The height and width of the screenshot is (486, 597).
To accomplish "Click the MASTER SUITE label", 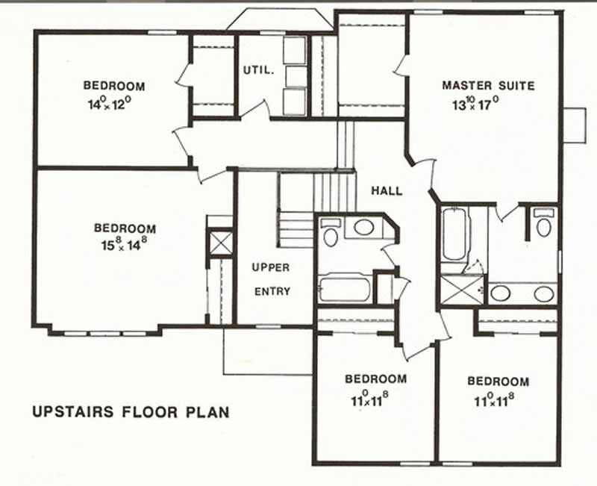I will [488, 86].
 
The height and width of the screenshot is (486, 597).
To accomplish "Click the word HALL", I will [387, 191].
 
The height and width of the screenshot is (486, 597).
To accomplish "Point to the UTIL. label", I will [259, 71].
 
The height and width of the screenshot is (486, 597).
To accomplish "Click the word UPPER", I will [270, 267].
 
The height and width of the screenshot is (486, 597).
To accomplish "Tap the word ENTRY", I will [272, 291].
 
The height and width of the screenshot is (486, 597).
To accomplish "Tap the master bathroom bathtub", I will [454, 234].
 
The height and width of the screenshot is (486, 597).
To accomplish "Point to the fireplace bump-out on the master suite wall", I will [573, 124].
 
